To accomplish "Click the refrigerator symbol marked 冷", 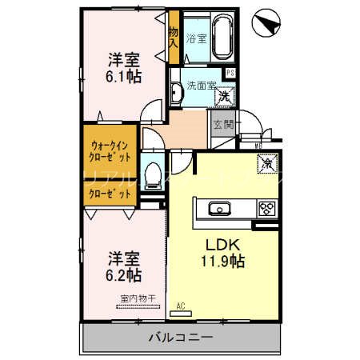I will click(265, 163).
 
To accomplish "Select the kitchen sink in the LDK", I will click(218, 209).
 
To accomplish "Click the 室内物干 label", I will click(138, 298).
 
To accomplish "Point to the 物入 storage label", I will click(173, 37).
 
